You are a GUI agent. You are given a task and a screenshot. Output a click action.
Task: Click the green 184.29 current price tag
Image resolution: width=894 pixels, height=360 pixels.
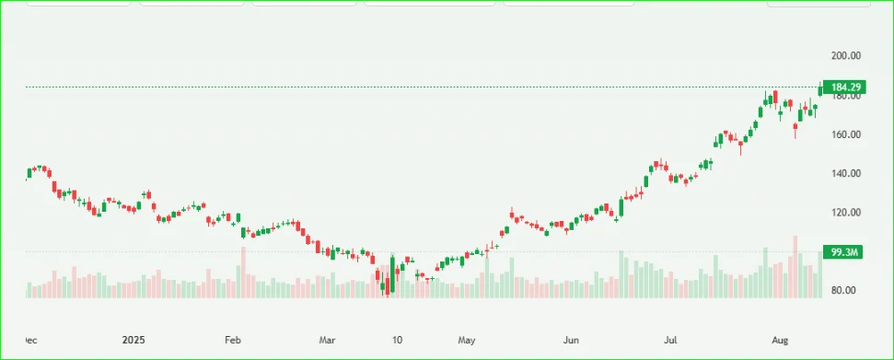[845, 87]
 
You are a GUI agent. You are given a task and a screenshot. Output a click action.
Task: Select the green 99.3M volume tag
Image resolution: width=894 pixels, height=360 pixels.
[845, 251]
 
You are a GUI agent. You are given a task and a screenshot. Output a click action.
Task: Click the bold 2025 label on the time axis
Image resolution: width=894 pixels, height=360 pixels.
[134, 340]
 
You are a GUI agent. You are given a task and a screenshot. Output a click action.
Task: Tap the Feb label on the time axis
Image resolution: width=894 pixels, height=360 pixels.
[233, 340]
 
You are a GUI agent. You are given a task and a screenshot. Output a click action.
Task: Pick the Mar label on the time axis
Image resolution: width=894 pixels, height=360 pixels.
[328, 340]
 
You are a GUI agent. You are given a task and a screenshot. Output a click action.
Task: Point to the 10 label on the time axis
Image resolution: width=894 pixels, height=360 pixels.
[396, 340]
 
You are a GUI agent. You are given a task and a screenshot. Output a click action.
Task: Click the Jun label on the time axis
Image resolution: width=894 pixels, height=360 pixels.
[572, 340]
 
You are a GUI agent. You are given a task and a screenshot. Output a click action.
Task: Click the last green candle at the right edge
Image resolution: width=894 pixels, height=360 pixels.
[820, 90]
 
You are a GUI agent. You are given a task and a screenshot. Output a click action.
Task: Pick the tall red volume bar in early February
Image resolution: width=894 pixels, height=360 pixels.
[243, 273]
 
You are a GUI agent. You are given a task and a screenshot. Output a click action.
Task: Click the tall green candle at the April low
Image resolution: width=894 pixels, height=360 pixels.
[393, 274]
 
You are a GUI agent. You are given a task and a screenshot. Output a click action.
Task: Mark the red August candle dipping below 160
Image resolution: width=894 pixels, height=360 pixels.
[795, 129]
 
